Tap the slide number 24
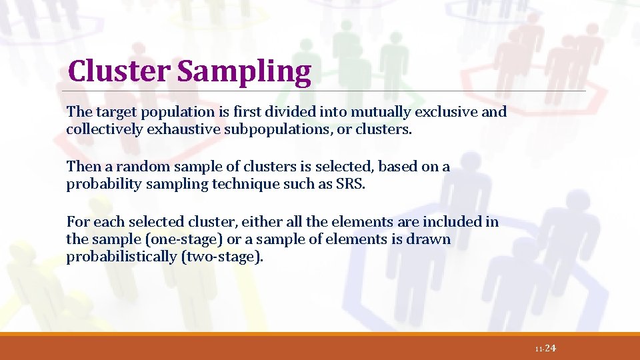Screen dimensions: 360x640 tap(550, 349)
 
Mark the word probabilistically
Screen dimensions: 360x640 tap(121, 257)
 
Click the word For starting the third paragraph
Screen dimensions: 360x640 tap(77, 221)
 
